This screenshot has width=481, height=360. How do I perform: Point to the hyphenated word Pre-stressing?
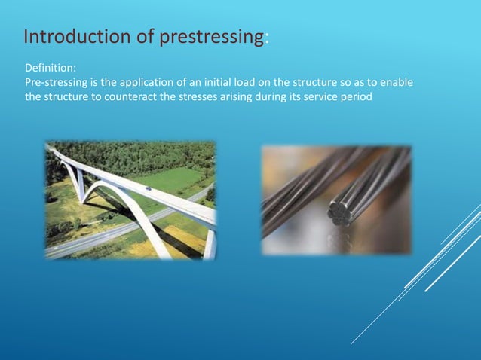pyautogui.click(x=57, y=82)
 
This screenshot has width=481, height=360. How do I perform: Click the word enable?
pyautogui.click(x=397, y=82)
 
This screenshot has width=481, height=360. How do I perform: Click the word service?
pyautogui.click(x=330, y=96)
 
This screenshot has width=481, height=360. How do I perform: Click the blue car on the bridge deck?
pyautogui.click(x=149, y=188)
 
